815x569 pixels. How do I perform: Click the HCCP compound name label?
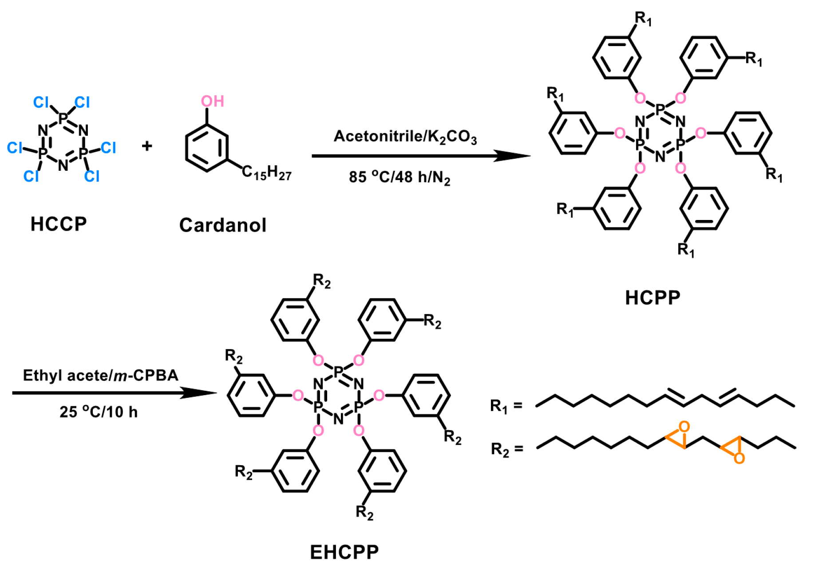(59, 224)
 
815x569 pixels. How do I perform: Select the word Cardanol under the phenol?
(222, 225)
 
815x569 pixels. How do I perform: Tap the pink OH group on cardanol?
(212, 102)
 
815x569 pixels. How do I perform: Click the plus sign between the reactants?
(147, 145)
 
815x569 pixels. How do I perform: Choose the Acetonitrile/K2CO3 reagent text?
(405, 137)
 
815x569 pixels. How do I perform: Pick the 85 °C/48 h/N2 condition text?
(399, 177)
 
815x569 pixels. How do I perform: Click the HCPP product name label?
(652, 298)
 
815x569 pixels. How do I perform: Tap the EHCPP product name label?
(344, 552)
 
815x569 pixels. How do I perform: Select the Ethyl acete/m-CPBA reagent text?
(100, 376)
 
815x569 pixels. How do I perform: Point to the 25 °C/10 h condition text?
(99, 412)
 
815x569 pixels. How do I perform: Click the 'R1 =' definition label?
(506, 406)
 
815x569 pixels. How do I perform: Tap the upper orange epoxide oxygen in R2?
(684, 427)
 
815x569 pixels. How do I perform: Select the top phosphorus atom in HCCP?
(63, 118)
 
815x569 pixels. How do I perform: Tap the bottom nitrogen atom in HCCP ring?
(63, 165)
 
